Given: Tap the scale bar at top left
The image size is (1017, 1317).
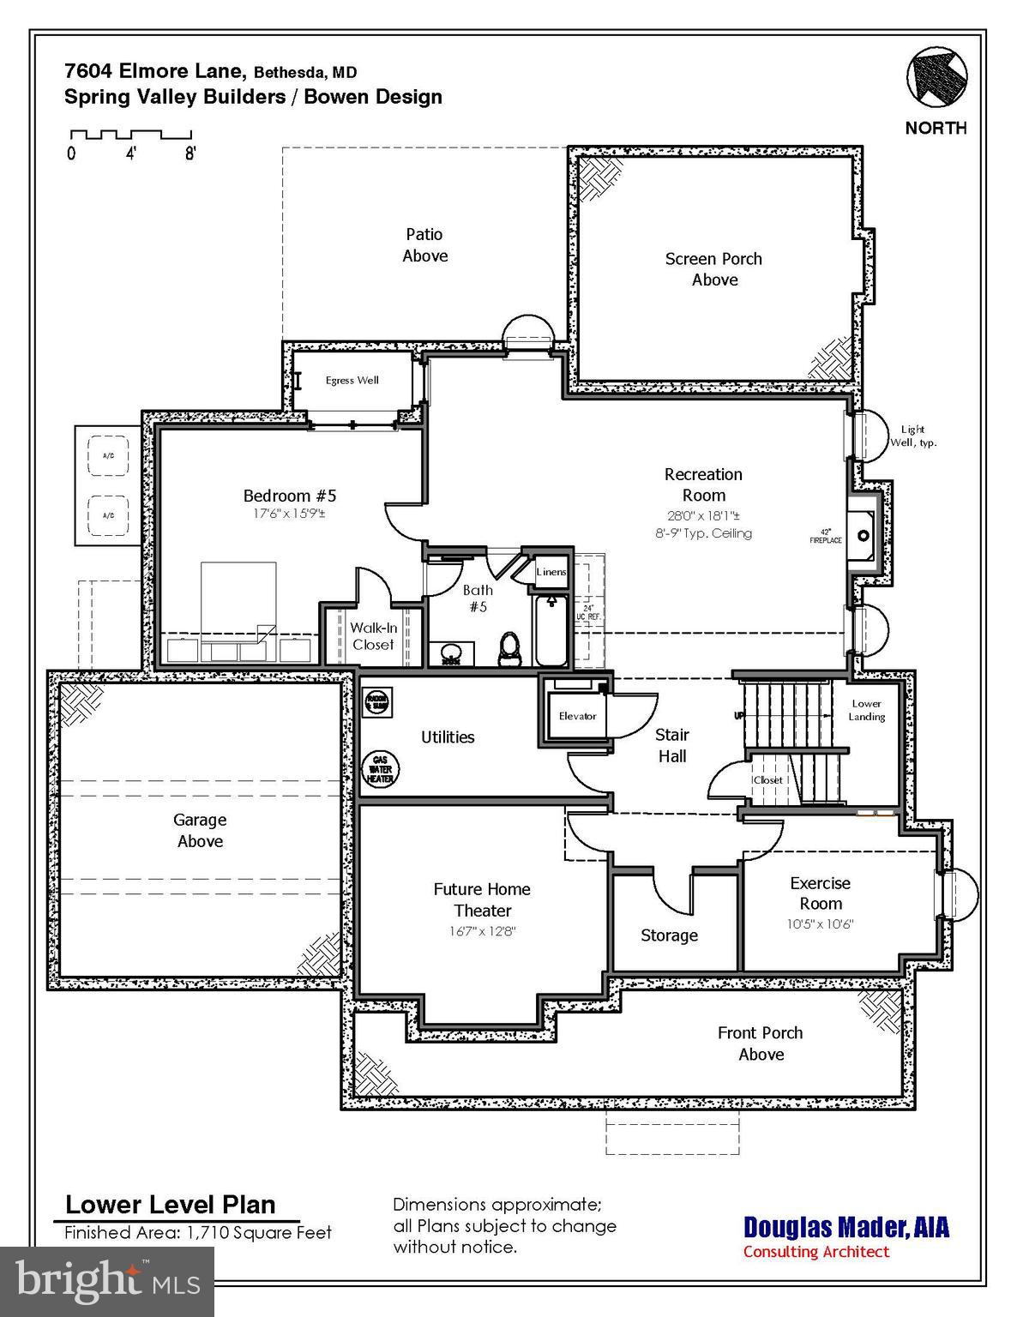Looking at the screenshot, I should click(130, 135).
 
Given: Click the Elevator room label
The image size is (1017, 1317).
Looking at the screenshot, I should click(577, 716).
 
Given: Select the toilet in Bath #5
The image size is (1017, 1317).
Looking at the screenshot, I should click(510, 648).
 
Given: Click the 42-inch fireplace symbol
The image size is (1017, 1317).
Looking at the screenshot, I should click(862, 536).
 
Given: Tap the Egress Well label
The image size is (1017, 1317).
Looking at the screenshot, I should click(352, 381).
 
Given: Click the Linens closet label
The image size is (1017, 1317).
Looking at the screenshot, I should click(551, 572).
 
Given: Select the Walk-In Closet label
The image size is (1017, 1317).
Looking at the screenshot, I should click(373, 636).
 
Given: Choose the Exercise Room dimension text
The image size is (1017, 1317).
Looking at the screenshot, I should click(820, 924).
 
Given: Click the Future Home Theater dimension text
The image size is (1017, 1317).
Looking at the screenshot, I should click(482, 931).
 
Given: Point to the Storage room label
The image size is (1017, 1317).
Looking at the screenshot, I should click(669, 935).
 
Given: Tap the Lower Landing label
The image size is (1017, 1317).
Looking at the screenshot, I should click(866, 710).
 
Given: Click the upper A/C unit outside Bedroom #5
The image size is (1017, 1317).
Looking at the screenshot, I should click(109, 456).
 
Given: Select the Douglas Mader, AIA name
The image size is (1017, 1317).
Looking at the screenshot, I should click(845, 1227).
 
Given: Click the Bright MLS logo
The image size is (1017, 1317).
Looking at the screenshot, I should click(107, 1282).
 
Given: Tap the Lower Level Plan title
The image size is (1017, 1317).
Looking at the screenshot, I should click(171, 1205).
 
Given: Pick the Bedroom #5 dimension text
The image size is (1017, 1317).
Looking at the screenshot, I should click(289, 514).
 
